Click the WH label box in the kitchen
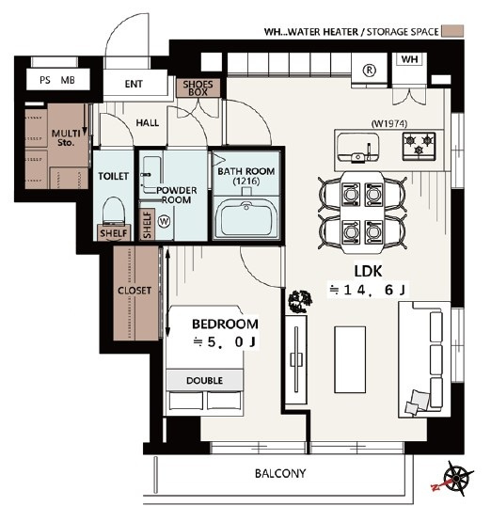tap(410, 59)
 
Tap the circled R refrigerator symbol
tap(370, 70)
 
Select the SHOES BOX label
tap(198, 88)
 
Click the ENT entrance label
tap(134, 84)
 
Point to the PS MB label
tap(57, 80)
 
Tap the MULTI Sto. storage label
tap(66, 138)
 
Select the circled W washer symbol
tap(165, 222)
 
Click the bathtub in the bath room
tap(246, 218)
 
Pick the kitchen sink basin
tap(357, 147)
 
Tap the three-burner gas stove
tap(419, 146)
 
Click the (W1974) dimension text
tap(389, 123)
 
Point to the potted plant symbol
tap(301, 301)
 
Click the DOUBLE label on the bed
tap(205, 381)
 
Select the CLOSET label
tap(135, 291)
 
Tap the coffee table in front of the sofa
tap(350, 359)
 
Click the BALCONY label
tap(280, 473)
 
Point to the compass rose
tap(456, 477)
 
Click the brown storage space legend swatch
tap(452, 31)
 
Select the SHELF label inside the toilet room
tap(114, 233)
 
